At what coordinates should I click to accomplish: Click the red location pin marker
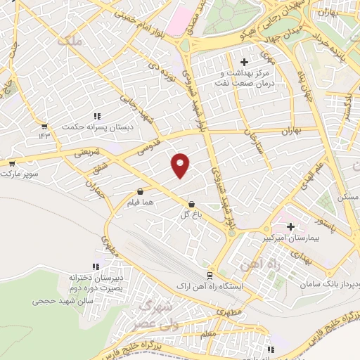pos(181,165)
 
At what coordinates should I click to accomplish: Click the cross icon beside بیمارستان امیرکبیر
pos(291,226)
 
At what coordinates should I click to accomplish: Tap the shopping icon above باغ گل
pos(192,204)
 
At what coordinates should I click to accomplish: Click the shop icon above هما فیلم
pos(141,191)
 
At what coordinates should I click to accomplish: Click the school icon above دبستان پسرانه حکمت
pos(96,116)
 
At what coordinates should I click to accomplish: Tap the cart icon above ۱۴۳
pos(44,126)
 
